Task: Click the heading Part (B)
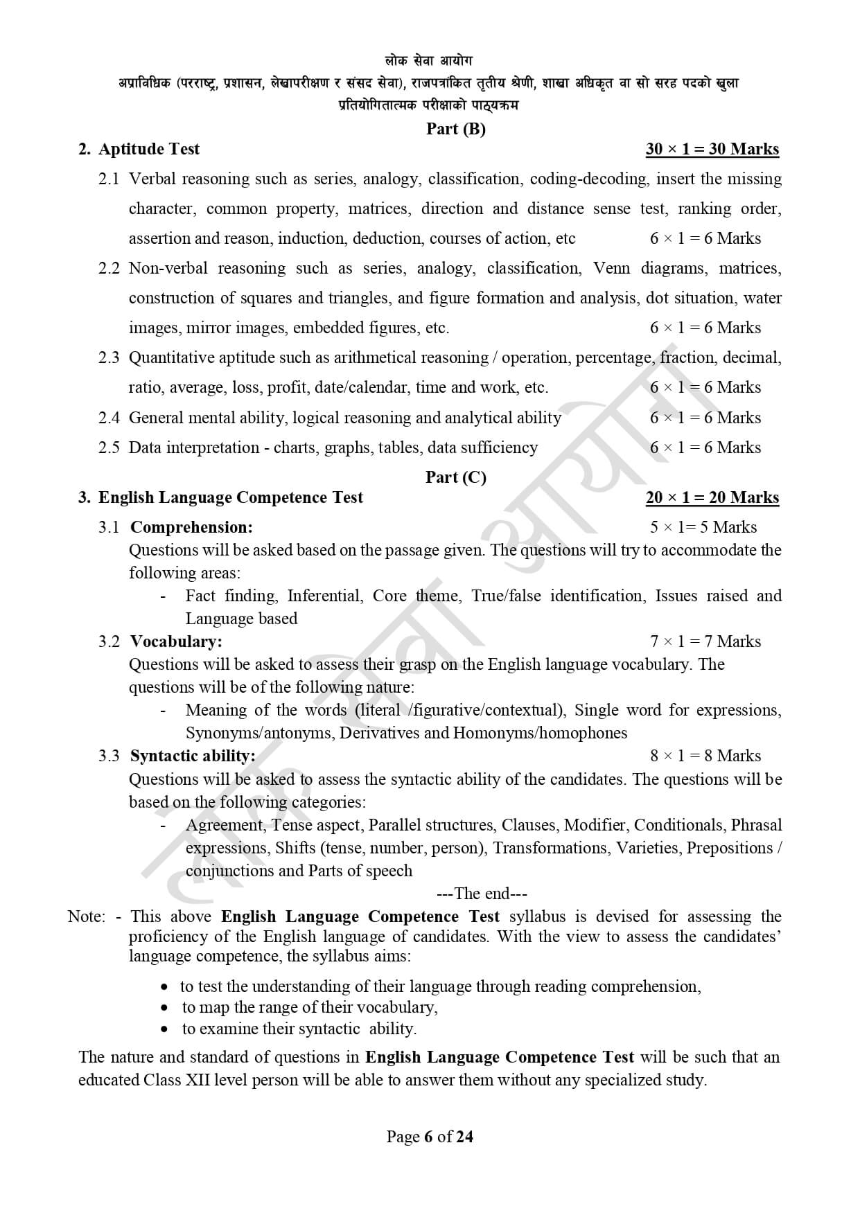[455, 129]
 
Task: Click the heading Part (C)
[455, 477]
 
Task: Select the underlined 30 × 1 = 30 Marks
[712, 150]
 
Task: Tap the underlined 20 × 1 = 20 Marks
[712, 497]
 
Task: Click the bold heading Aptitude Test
[149, 150]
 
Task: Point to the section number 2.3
[109, 357]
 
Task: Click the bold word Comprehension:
[191, 527]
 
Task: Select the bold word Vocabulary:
[176, 641]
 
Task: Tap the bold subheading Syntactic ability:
[193, 756]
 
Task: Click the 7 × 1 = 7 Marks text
[705, 641]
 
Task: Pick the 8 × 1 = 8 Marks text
[705, 756]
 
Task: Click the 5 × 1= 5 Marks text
[703, 527]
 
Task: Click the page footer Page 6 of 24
[430, 1137]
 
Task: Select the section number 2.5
[109, 447]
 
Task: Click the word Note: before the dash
[87, 916]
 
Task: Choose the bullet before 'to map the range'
[164, 1008]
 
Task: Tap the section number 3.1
[109, 527]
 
